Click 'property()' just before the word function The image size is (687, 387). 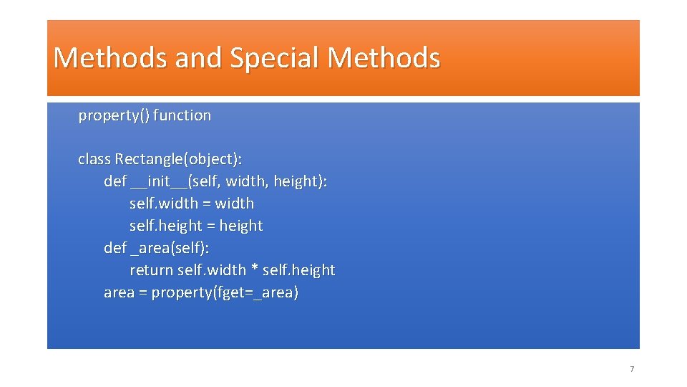(114, 115)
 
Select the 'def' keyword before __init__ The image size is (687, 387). (115, 181)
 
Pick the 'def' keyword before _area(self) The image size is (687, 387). (115, 248)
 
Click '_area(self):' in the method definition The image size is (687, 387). (170, 248)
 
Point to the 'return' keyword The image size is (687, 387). (151, 270)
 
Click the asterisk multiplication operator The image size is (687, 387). (254, 271)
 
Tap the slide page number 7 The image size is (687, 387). (631, 369)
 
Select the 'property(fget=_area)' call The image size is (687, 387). (225, 292)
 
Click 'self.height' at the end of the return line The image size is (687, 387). (298, 270)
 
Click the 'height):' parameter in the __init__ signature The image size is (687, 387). (300, 181)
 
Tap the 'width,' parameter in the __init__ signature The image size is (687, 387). (247, 181)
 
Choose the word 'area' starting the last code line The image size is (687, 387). (119, 292)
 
